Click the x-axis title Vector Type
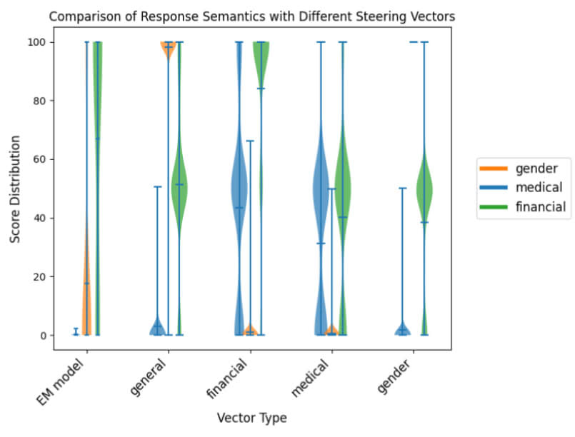tap(252, 418)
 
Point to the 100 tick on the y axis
tap(39, 42)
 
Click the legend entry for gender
tap(536, 168)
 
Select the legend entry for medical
tap(539, 187)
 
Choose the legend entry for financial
tap(540, 207)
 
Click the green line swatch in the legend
tap(493, 207)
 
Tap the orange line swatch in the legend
tap(493, 168)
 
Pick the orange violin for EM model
tap(86, 300)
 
